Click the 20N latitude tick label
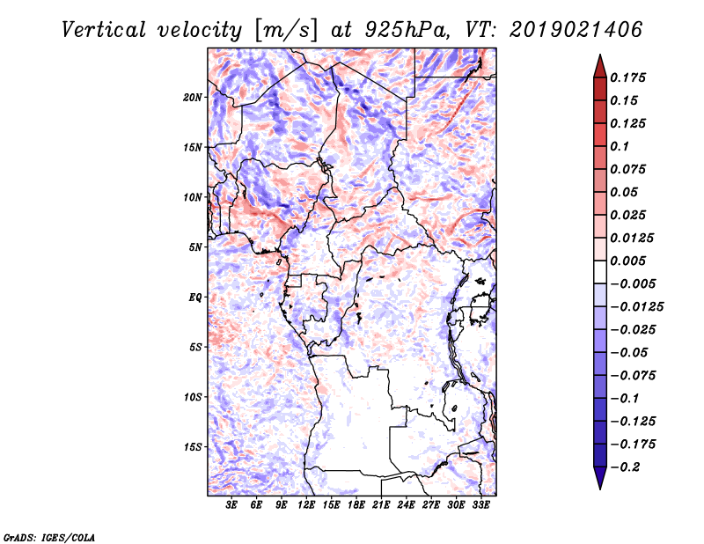pos(193,98)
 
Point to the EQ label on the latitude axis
pos(195,298)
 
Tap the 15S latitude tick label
pos(193,447)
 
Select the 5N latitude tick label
pos(195,247)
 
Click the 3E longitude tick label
pos(231,505)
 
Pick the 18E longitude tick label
pos(356,505)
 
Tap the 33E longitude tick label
pos(480,505)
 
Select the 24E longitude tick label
pos(406,505)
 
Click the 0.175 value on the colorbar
pos(627,77)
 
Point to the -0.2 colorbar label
pos(626,467)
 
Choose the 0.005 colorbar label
pos(627,261)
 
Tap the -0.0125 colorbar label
pos(636,307)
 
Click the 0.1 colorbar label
pos(620,146)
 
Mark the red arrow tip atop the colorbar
pos(600,55)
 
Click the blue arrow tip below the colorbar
pos(600,489)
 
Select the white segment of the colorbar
pos(600,272)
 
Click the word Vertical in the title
pos(103,30)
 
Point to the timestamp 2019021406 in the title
pos(576,30)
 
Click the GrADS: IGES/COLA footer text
pos(49,537)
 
